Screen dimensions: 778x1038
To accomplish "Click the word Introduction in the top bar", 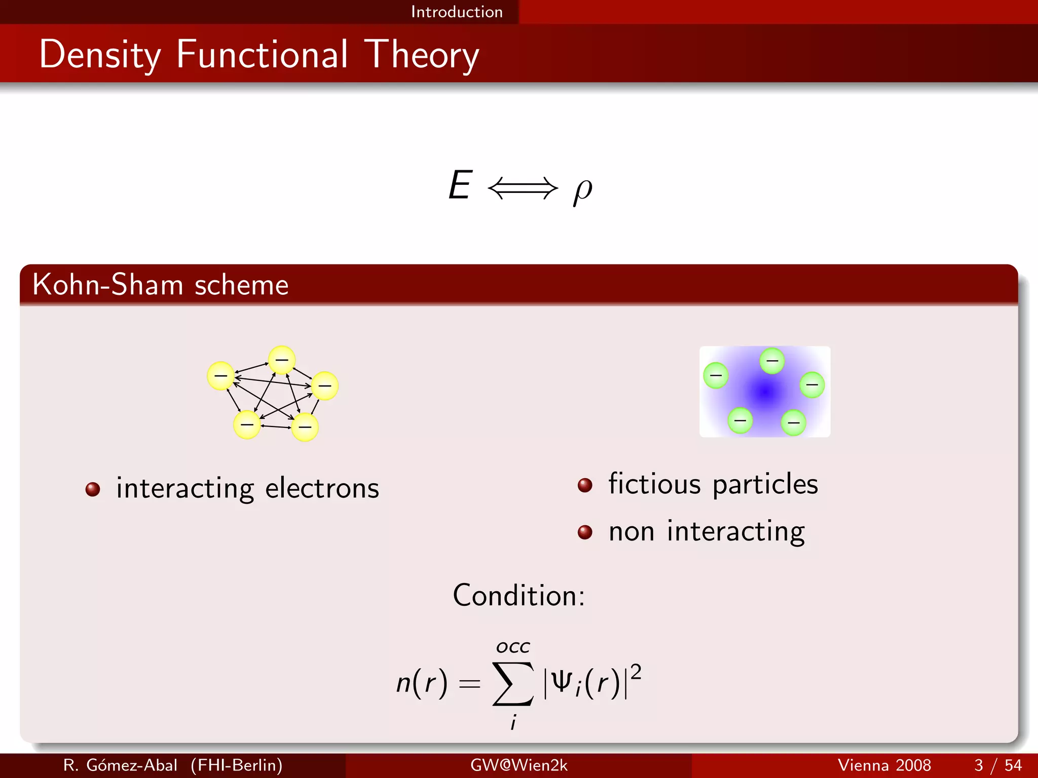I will (x=457, y=12).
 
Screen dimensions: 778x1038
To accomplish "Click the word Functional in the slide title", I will (x=262, y=54).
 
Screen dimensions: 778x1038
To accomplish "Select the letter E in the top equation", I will (x=460, y=185).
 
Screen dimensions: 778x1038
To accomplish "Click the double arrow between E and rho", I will (x=522, y=188).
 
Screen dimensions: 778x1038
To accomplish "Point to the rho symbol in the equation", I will (x=582, y=190).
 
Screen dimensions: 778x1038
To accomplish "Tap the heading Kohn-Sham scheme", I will (x=160, y=285).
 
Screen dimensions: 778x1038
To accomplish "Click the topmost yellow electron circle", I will (x=282, y=360).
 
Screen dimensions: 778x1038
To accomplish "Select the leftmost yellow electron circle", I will (x=221, y=376).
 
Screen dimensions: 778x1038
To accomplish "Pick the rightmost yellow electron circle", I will (x=325, y=386).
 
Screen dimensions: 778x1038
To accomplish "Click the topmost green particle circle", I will (x=772, y=361).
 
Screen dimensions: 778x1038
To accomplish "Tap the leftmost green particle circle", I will (x=716, y=375).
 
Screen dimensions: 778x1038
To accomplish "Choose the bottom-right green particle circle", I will (x=794, y=422).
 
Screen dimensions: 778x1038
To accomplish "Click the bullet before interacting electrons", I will (x=93, y=489).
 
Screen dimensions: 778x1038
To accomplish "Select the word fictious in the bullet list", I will (x=654, y=484).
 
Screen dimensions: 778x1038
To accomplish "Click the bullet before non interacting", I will (x=585, y=532).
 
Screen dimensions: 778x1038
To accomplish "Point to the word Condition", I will (x=518, y=595).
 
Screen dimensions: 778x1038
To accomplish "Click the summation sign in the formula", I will (x=513, y=684).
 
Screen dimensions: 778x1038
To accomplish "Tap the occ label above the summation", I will (x=513, y=647).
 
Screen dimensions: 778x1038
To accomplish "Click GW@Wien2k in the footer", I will (x=519, y=765).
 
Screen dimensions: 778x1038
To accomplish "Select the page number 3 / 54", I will (x=998, y=765).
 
